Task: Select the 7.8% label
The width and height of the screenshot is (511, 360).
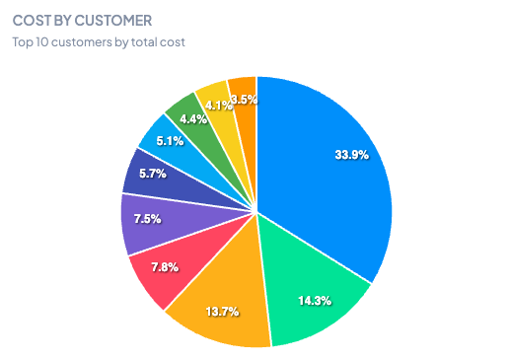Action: [164, 267]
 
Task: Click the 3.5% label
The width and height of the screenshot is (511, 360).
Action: [244, 99]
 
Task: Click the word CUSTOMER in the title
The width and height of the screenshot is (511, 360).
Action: [118, 21]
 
